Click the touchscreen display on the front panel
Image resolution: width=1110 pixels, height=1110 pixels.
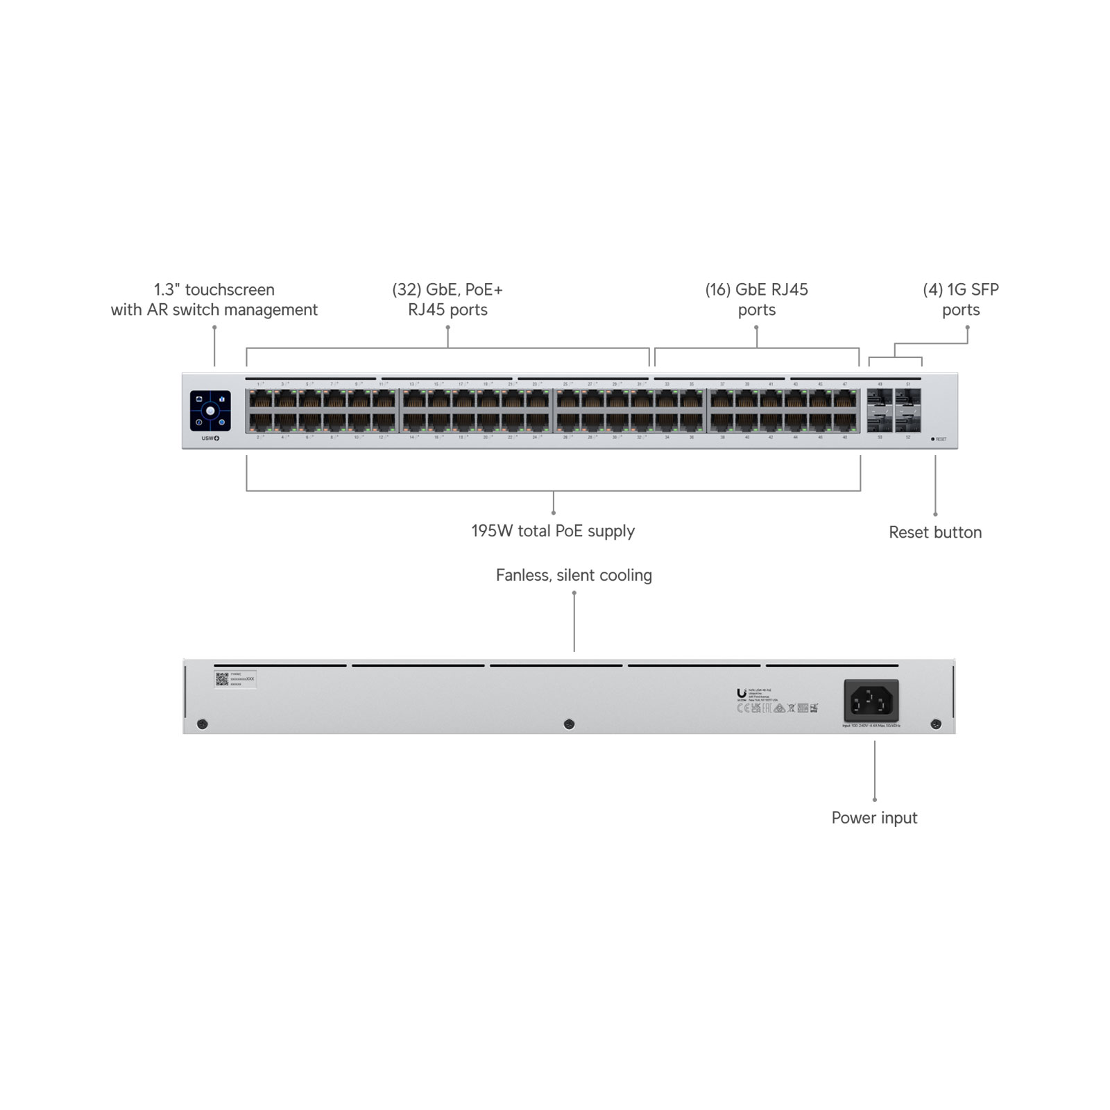[x=210, y=411]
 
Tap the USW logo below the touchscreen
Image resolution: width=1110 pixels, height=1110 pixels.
[x=210, y=438]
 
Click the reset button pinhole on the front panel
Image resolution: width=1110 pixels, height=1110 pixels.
[x=932, y=439]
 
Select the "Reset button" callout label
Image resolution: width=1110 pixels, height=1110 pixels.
[x=935, y=532]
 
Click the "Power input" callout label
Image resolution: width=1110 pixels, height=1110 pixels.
[x=874, y=817]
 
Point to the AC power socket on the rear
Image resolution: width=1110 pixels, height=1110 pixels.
[x=871, y=701]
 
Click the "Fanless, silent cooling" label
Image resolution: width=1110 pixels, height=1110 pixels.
[x=574, y=575]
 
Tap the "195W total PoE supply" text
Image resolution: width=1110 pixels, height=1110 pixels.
[x=553, y=531]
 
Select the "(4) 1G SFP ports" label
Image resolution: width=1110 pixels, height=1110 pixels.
[x=961, y=300]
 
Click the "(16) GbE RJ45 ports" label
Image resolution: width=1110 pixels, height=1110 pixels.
[x=756, y=300]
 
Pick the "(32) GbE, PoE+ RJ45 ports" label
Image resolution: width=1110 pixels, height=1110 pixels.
[x=447, y=300]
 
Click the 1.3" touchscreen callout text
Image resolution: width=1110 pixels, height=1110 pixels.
[x=214, y=300]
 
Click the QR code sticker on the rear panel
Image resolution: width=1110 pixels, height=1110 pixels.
[x=222, y=678]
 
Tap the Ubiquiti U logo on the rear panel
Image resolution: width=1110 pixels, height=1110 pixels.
[x=741, y=693]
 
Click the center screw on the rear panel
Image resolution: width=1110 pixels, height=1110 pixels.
[x=569, y=724]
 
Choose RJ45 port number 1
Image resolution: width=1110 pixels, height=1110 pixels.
[x=260, y=400]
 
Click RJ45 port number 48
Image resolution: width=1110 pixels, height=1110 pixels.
[x=845, y=422]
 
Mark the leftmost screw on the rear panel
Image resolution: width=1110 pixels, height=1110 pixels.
[x=202, y=724]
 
